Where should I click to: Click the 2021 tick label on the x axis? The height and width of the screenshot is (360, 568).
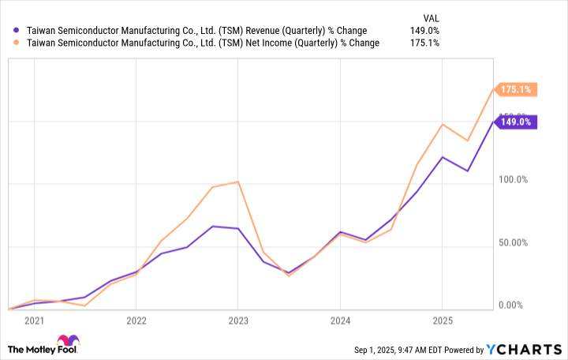point(34,321)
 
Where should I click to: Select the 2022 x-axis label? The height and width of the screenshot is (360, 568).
point(136,321)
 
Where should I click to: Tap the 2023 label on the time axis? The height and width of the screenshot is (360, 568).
point(237,321)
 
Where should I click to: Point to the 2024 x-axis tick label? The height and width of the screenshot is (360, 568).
point(340,321)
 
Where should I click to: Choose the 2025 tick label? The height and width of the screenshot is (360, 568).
point(442,321)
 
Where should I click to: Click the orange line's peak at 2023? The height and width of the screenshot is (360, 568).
point(238,182)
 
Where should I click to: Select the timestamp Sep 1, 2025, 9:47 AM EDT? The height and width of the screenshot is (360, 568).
point(402,350)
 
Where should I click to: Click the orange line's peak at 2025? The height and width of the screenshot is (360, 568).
point(443,124)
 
